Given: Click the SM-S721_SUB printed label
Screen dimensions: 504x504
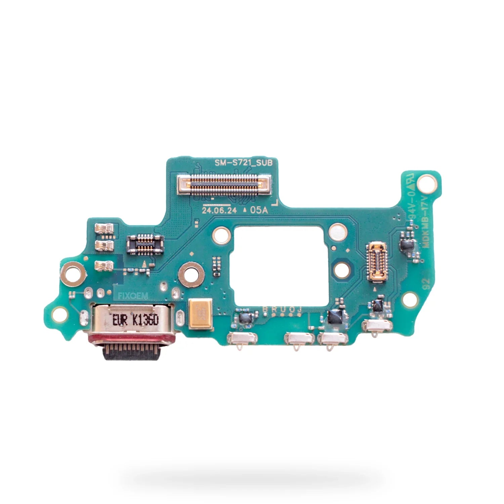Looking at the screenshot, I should [246, 163].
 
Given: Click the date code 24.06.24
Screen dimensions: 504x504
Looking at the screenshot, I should [219, 211].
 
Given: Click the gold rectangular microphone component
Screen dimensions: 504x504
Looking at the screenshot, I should [201, 314].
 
